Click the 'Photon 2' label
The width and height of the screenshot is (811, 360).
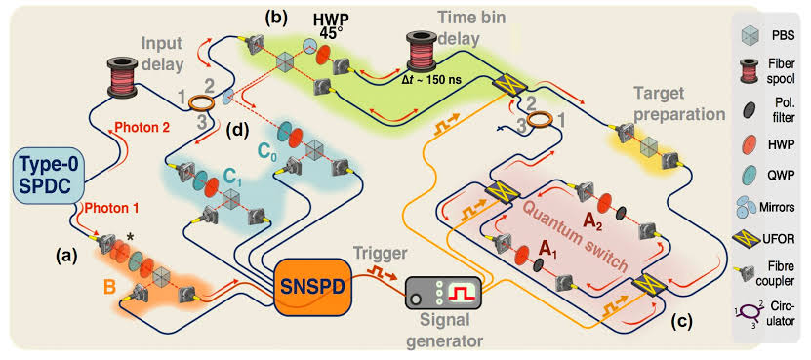click(143, 127)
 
